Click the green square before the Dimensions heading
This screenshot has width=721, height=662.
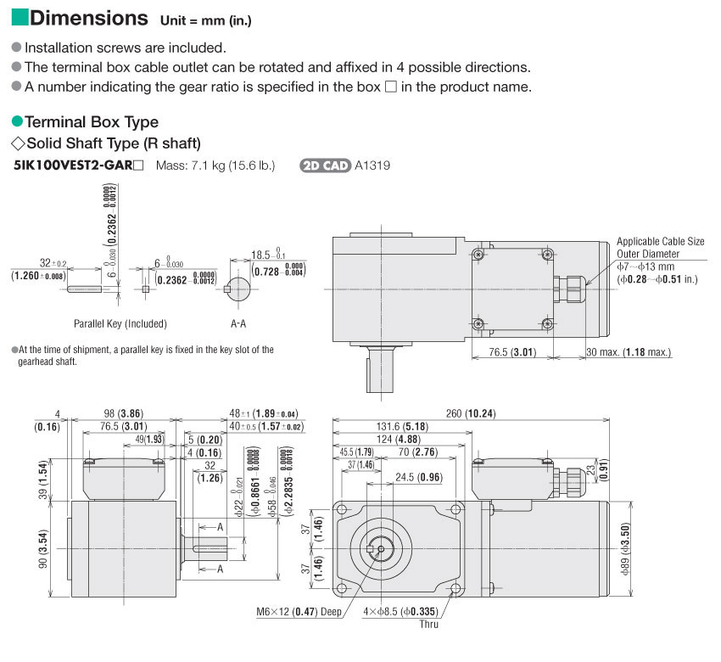[20, 18]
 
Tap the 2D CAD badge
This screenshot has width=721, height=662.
[326, 165]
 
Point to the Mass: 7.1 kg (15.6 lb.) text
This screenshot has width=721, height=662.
[215, 165]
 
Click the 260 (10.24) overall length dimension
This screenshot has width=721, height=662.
[471, 413]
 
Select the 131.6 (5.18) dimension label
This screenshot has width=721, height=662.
[403, 426]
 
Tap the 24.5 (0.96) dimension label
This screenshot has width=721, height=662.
[419, 477]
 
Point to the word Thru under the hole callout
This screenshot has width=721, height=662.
[429, 625]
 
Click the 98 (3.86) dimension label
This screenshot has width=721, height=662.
[118, 413]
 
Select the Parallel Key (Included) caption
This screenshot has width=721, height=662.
[120, 323]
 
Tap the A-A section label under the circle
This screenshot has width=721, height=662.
[238, 323]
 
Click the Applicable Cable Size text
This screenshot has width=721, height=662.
[660, 241]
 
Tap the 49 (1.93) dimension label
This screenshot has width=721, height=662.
[150, 439]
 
